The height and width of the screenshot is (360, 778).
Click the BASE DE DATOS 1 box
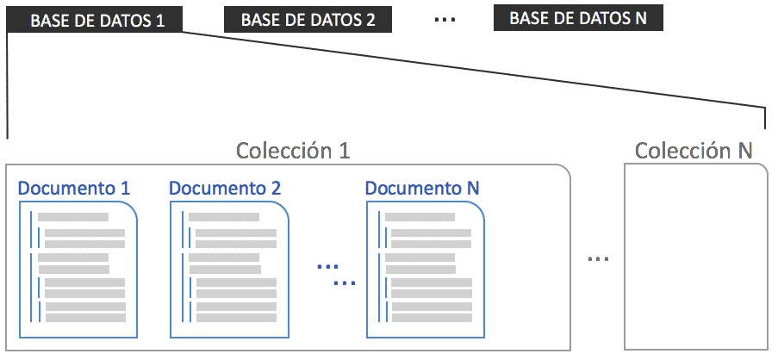tap(95, 21)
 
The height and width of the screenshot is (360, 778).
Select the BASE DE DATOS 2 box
tap(308, 20)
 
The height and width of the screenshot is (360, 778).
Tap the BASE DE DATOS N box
tap(578, 18)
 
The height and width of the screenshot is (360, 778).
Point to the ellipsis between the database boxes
tap(445, 21)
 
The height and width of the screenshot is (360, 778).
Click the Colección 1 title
tap(293, 150)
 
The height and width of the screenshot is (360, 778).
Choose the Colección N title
tap(694, 150)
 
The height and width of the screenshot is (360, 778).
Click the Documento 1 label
tap(74, 189)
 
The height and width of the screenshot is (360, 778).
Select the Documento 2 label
tap(225, 189)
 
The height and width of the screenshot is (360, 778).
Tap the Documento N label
tap(422, 189)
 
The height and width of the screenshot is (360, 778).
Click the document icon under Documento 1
tap(78, 270)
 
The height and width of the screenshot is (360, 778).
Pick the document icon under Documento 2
tap(229, 270)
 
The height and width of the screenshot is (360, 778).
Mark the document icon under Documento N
tap(426, 270)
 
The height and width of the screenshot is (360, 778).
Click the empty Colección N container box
tap(695, 257)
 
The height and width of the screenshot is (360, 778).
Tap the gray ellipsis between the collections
tap(598, 259)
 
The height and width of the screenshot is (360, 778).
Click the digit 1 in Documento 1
tap(125, 189)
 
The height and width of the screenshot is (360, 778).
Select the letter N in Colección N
tap(744, 150)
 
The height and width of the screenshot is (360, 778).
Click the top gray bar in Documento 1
tap(73, 217)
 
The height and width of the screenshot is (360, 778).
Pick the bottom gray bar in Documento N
tap(432, 317)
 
